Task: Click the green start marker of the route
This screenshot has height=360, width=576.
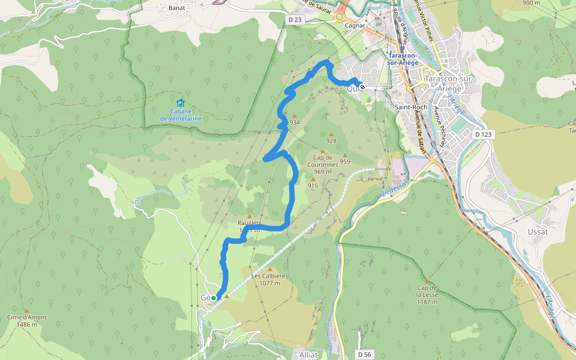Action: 213,298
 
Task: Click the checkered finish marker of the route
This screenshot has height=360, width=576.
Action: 362,87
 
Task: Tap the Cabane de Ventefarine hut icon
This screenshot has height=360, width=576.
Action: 181,103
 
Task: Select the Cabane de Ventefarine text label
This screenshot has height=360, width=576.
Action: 181,115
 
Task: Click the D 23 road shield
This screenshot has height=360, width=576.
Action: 294,20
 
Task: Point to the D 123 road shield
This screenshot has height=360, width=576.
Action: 482,134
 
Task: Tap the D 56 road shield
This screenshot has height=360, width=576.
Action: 364,355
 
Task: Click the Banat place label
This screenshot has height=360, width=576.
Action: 176,8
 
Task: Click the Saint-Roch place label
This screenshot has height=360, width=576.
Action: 411,107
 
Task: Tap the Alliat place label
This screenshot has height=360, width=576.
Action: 308,355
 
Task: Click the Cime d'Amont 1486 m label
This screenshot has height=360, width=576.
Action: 26,320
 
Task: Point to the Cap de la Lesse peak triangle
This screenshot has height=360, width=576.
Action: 427,281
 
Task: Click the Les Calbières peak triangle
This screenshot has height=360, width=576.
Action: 269,269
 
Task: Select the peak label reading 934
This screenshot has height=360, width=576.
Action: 295,122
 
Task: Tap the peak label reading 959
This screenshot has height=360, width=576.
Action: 345,161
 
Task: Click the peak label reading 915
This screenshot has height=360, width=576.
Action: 313,186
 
